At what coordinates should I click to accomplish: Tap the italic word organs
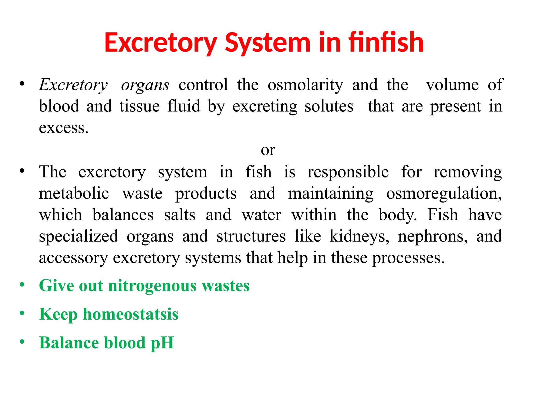145,85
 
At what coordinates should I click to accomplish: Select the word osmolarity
305,85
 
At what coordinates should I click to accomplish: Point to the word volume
452,85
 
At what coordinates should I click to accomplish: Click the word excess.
64,128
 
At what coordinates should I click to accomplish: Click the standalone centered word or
268,150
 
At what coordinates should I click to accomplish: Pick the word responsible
348,172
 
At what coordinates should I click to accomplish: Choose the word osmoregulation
444,194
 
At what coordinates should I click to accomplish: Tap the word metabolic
74,194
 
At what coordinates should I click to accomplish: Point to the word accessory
73,258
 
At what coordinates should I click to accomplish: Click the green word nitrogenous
152,286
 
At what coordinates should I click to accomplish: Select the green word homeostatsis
131,314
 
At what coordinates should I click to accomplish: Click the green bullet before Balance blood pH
22,342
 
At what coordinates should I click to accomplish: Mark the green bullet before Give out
22,284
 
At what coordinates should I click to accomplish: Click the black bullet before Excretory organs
22,84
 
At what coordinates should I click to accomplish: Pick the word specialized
79,236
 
